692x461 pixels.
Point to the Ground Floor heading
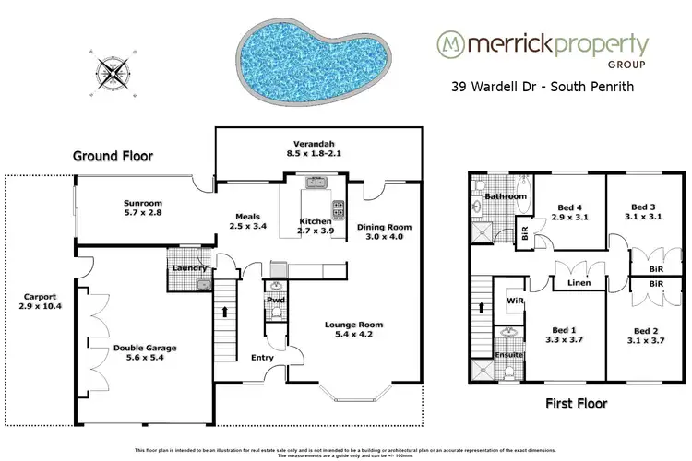click(113, 156)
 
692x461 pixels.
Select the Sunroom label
click(143, 202)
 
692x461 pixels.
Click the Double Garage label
click(145, 349)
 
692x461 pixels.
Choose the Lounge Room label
click(353, 325)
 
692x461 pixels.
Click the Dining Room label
click(384, 227)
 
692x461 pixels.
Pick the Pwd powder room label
click(274, 300)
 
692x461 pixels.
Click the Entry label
click(251, 358)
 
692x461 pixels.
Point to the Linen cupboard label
click(579, 283)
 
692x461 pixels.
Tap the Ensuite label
click(508, 354)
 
